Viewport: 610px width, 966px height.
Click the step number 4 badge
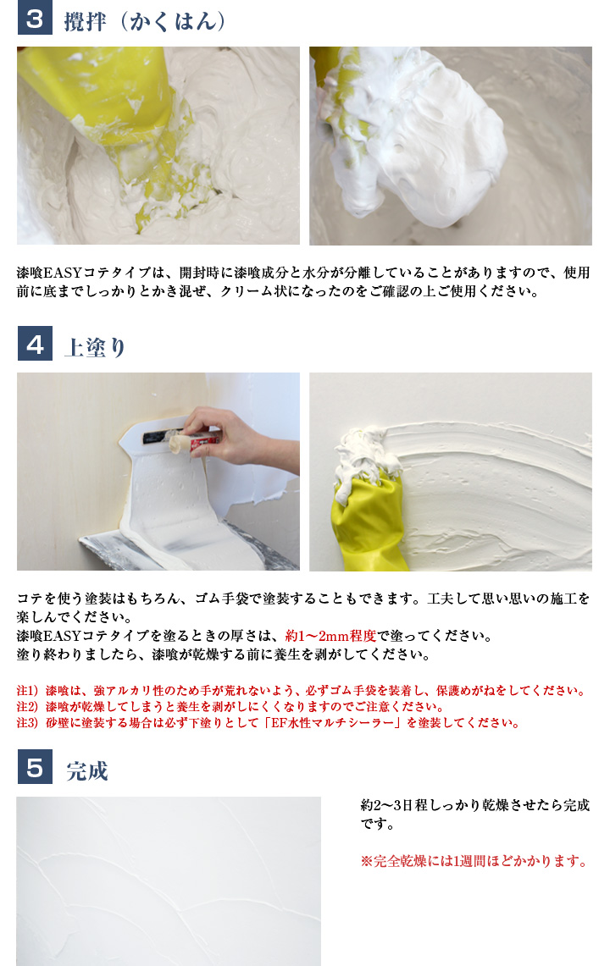pos(35,344)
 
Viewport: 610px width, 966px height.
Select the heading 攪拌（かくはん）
pos(145,20)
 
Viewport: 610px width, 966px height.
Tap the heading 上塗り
pos(95,346)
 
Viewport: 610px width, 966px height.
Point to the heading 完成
pos(87,771)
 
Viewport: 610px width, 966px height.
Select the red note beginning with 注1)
pos(301,690)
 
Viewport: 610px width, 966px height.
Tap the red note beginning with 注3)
pos(268,722)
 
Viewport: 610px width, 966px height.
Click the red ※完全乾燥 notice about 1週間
pos(474,861)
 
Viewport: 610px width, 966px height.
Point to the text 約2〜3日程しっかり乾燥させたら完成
pos(474,805)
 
